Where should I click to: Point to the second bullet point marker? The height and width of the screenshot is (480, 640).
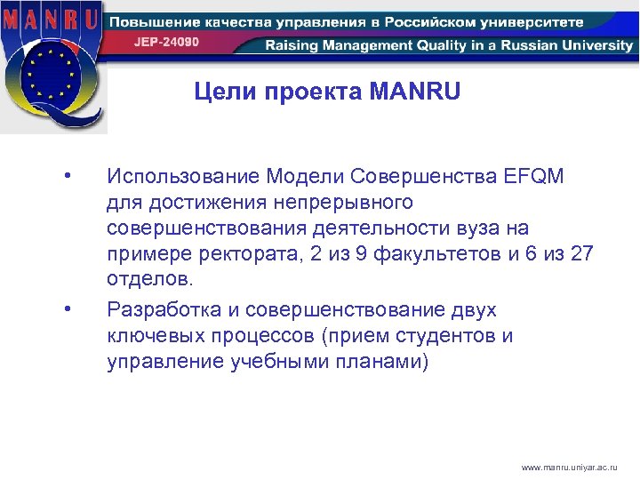coord(68,309)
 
